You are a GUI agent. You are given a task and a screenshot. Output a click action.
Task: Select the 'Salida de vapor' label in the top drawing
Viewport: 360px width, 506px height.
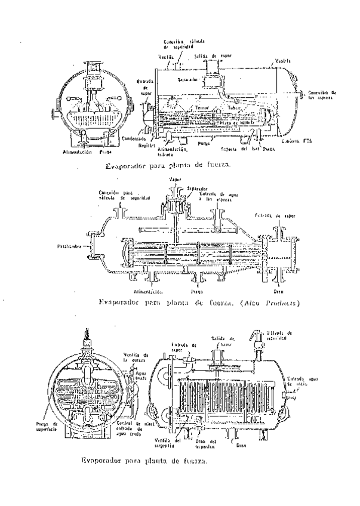(x=208, y=55)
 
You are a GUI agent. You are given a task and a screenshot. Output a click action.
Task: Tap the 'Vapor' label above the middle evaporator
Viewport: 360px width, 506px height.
(x=175, y=179)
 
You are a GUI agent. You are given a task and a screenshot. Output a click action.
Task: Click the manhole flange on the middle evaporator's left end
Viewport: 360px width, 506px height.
(x=91, y=245)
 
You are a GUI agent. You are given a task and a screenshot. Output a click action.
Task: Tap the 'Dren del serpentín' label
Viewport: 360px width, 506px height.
(x=206, y=442)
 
